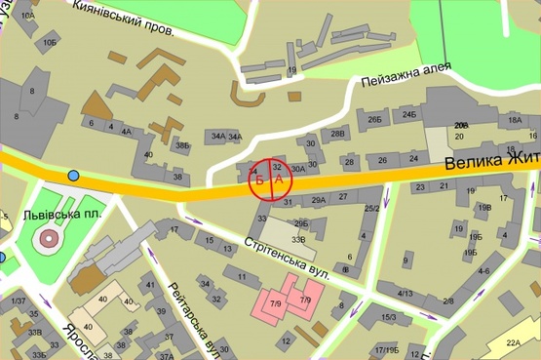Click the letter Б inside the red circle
[259, 180]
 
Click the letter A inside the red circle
[279, 180]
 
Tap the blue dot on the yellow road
[74, 176]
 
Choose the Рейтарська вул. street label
[189, 317]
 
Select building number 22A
[514, 342]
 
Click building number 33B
[298, 239]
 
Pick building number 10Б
[50, 43]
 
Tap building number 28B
[337, 134]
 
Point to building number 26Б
[374, 119]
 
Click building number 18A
[515, 119]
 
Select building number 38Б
[182, 145]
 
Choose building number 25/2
[371, 208]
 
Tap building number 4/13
[406, 292]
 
